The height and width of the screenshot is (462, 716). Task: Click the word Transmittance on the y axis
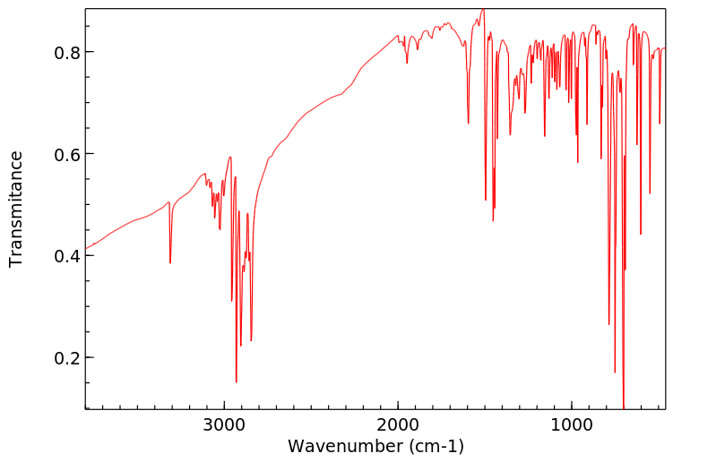16,209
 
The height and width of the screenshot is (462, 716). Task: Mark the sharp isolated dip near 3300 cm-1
170,262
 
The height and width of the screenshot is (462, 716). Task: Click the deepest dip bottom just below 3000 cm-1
237,382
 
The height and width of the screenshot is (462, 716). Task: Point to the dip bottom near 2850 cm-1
251,340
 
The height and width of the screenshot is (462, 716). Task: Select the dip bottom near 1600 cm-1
468,124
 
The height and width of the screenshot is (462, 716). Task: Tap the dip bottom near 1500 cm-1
486,201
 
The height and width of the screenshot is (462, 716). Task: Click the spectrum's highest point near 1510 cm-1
483,10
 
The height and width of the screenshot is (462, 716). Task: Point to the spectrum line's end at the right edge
665,47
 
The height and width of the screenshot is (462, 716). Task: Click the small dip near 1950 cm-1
407,63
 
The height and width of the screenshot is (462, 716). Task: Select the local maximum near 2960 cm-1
230,158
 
